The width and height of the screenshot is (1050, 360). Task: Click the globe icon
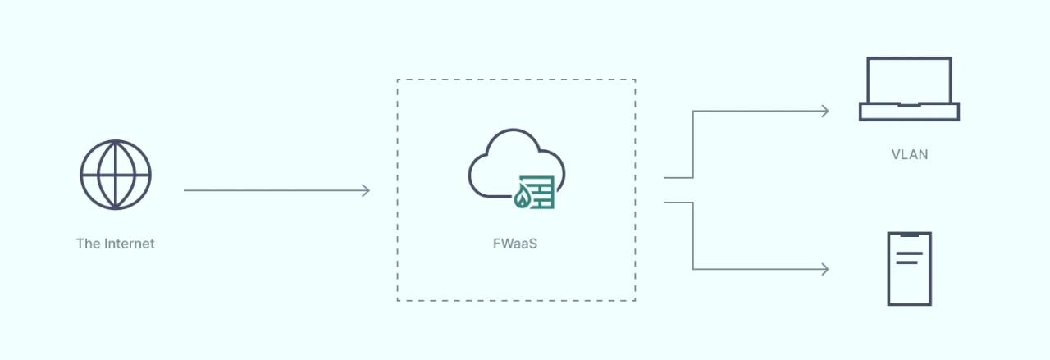pyautogui.click(x=116, y=175)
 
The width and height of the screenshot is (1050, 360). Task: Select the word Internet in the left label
pyautogui.click(x=129, y=244)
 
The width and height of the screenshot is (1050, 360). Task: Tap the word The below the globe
pyautogui.click(x=88, y=244)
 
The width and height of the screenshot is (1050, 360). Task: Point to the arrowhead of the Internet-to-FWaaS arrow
pyautogui.click(x=366, y=191)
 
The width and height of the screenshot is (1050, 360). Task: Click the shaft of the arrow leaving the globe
pyautogui.click(x=271, y=191)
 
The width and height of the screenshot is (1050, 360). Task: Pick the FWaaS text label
pyautogui.click(x=515, y=244)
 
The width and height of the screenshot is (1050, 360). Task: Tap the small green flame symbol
pyautogui.click(x=522, y=197)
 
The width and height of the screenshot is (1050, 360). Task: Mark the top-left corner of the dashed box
pyautogui.click(x=398, y=80)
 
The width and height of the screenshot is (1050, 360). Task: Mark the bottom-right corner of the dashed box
pyautogui.click(x=635, y=300)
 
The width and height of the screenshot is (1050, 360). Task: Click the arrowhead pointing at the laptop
pyautogui.click(x=825, y=111)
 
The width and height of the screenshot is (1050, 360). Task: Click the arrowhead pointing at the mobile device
pyautogui.click(x=825, y=269)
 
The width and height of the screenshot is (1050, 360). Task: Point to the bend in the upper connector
pyautogui.click(x=693, y=112)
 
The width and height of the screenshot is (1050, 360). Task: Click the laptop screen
pyautogui.click(x=909, y=80)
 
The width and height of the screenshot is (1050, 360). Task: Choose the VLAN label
pyautogui.click(x=909, y=154)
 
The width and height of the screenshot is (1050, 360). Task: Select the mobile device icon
pyautogui.click(x=909, y=269)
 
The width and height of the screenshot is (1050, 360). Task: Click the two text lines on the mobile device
pyautogui.click(x=908, y=258)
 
